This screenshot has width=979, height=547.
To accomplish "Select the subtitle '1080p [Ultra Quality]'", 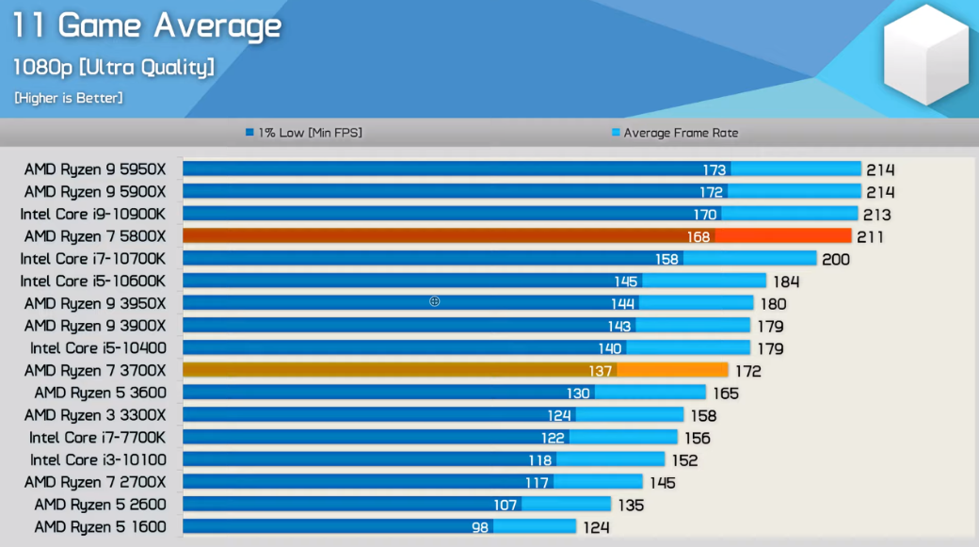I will (113, 67).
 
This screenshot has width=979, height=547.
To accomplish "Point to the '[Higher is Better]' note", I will (69, 97).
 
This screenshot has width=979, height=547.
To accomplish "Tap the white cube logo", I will (925, 56).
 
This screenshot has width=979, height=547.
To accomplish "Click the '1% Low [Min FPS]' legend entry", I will (304, 133).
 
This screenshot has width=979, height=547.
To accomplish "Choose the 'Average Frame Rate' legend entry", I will (675, 133).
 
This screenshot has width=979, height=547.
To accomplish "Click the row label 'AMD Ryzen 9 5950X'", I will (94, 169).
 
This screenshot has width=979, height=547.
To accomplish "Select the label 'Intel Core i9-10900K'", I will (92, 214).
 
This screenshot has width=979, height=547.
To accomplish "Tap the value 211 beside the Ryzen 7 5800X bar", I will (870, 236).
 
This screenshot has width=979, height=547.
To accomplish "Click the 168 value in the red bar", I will (698, 236).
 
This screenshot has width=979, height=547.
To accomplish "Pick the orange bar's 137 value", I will (600, 371).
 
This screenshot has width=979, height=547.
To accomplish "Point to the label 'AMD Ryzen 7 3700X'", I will (94, 371).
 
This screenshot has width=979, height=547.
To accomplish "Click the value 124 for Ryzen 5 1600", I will (596, 527).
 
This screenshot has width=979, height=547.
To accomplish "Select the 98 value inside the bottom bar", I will (480, 527).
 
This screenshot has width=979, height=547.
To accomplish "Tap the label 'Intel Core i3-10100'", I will (97, 459).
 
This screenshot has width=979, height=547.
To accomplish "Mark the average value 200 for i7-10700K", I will (836, 259).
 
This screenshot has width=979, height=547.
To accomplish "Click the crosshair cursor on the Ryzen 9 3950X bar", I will (435, 301).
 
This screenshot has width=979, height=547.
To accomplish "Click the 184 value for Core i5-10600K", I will (786, 282).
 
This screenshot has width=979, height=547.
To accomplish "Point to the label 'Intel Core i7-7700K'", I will (97, 438).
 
